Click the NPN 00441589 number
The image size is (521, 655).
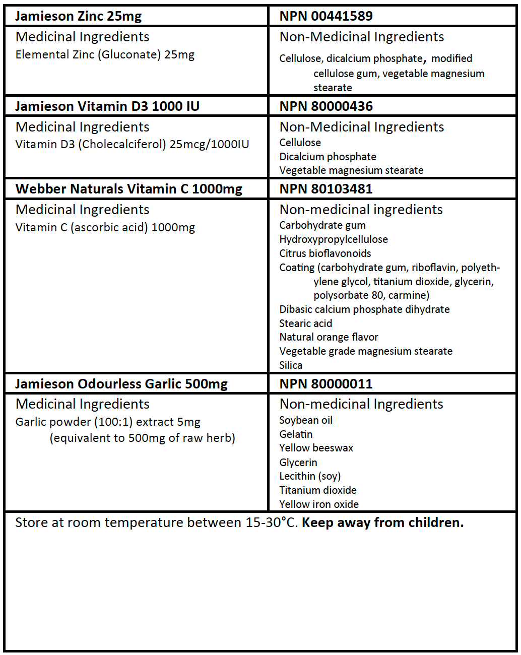326,16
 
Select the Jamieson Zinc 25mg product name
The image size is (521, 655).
78,16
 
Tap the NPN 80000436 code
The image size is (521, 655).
326,106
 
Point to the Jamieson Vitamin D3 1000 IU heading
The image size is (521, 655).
107,106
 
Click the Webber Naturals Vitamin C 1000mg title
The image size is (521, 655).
129,189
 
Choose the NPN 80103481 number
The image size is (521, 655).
326,189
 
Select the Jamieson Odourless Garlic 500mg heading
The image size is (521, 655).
121,384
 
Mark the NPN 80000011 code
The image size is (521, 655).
326,384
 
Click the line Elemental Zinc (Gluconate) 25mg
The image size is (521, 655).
105,55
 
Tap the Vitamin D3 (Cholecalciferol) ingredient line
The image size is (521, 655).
132,145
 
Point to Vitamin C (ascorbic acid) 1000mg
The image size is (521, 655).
105,228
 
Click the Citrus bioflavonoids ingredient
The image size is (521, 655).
325,253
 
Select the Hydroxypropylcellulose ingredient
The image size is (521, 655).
334,239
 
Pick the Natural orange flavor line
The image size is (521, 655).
329,337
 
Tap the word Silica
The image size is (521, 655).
291,365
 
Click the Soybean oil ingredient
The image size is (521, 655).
306,420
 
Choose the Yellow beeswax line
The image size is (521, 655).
316,448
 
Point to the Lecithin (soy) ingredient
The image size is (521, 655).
310,476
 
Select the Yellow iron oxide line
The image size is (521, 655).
319,504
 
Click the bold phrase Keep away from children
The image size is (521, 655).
382,523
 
